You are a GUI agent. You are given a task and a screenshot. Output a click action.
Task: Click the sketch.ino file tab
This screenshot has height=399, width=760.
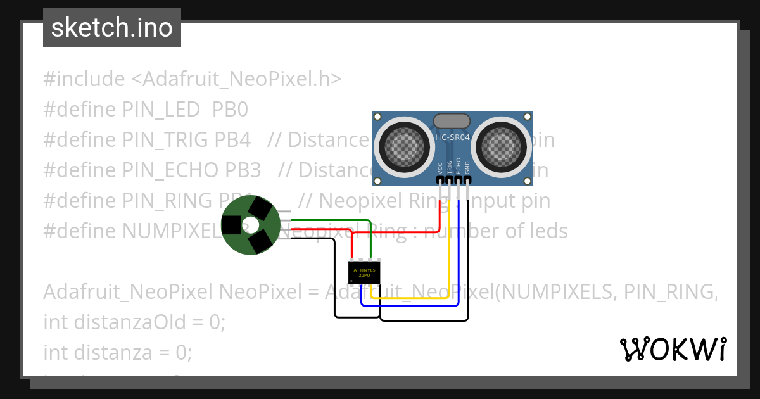pyautogui.click(x=111, y=28)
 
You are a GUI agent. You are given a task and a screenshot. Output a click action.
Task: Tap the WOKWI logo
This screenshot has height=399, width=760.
pyautogui.click(x=673, y=349)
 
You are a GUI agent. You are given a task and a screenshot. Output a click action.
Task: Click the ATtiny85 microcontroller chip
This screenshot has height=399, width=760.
pyautogui.click(x=365, y=272)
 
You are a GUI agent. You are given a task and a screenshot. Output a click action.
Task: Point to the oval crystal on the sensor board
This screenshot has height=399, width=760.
pyautogui.click(x=452, y=120)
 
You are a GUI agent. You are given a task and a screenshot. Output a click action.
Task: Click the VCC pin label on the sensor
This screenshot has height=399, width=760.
pyautogui.click(x=440, y=168)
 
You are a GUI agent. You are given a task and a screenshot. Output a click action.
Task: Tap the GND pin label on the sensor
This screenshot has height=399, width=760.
pyautogui.click(x=467, y=168)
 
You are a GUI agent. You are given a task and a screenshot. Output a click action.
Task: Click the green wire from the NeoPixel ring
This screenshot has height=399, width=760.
pyautogui.click(x=329, y=220)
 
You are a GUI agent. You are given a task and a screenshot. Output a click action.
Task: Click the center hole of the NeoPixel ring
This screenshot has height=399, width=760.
pyautogui.click(x=251, y=225)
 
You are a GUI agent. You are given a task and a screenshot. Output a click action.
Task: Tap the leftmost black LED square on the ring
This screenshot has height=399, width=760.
pyautogui.click(x=231, y=225)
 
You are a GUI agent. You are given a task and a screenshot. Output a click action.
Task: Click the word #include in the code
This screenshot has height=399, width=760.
pyautogui.click(x=84, y=79)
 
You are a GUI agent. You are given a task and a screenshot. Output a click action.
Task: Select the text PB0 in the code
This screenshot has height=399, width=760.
pyautogui.click(x=230, y=110)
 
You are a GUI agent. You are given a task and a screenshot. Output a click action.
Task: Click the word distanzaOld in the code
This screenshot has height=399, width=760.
pyautogui.click(x=130, y=322)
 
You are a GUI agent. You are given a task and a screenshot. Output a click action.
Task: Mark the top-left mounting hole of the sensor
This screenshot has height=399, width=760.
pyautogui.click(x=378, y=117)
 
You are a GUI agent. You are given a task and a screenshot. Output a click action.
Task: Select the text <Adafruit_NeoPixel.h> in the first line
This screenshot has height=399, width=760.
pyautogui.click(x=236, y=79)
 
